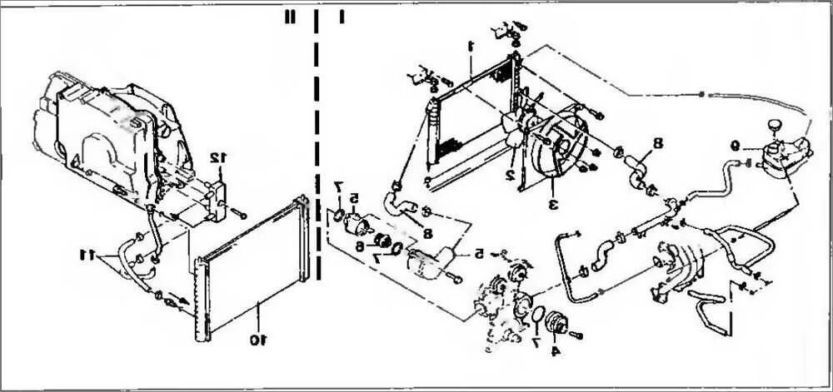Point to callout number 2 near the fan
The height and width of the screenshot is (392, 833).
click(508, 174)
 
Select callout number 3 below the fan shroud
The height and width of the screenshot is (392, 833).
click(551, 202)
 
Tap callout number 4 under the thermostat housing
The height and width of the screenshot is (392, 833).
click(555, 350)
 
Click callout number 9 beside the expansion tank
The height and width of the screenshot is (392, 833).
click(735, 142)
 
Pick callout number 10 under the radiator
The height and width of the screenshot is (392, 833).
click(258, 339)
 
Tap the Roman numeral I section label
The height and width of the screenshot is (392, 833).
click(342, 17)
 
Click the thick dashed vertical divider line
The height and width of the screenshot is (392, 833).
click(317, 125)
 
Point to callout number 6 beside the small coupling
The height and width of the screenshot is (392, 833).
click(360, 246)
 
